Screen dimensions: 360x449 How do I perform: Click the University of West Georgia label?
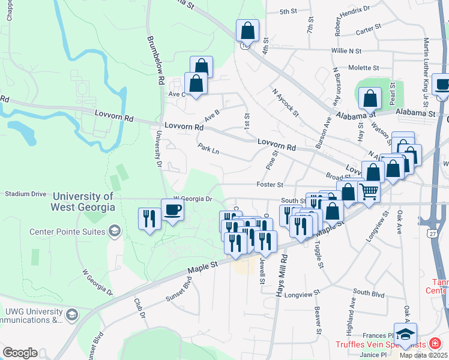click(83, 202)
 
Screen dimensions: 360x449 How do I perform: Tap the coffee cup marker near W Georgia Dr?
click(172, 210)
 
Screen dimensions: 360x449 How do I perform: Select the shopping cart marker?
click(369, 192)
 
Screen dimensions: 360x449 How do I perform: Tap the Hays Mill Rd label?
click(279, 276)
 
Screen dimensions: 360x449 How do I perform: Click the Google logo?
click(20, 353)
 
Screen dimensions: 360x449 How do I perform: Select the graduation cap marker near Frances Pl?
click(405, 334)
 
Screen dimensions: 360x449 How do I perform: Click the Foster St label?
click(270, 185)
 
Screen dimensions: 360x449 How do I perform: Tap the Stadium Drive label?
click(25, 194)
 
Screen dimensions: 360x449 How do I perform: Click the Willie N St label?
click(346, 52)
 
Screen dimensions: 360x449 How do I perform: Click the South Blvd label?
click(369, 292)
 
